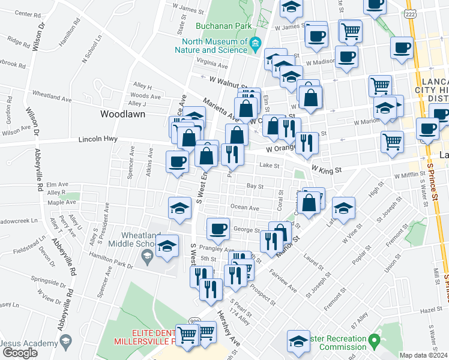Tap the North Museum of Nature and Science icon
[255, 43]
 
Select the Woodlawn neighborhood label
[120, 113]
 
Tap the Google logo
[19, 353]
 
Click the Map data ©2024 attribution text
[423, 355]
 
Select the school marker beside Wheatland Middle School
[167, 245]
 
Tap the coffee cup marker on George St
[218, 228]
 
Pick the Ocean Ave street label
[244, 208]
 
